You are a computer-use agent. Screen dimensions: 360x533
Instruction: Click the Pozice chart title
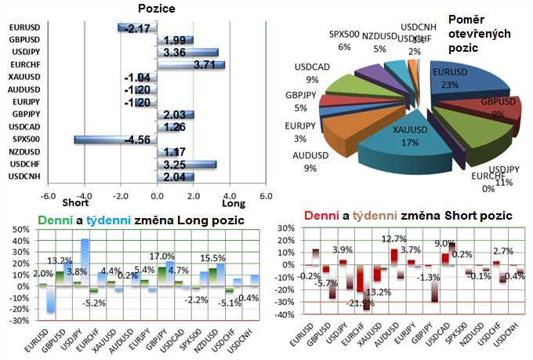click(156, 9)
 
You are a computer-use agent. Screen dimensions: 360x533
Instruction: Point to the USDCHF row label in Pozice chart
click(24, 164)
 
